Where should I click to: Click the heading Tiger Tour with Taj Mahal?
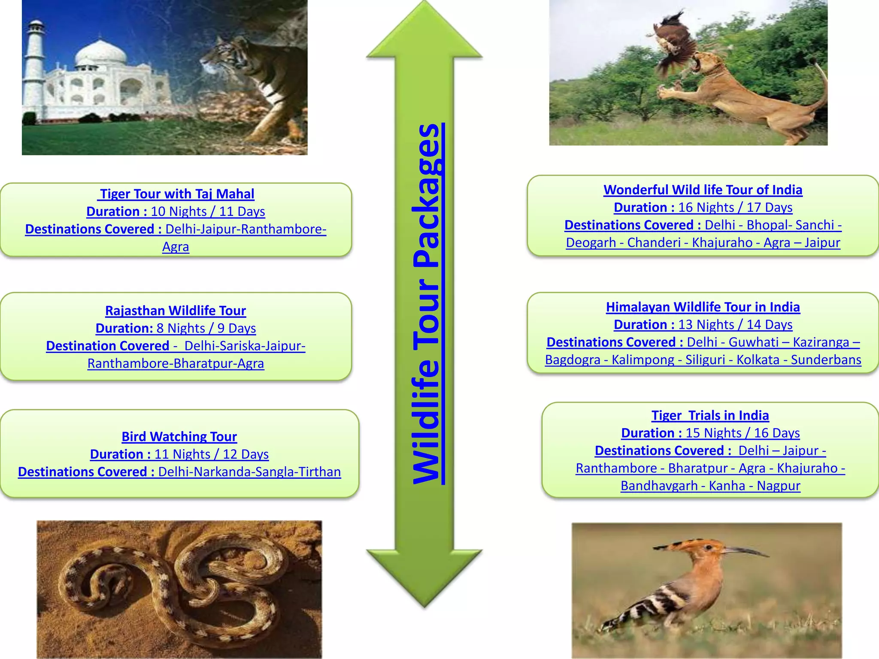click(176, 194)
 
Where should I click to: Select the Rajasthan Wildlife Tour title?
click(176, 311)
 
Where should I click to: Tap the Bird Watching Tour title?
click(179, 437)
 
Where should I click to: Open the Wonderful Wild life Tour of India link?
click(703, 190)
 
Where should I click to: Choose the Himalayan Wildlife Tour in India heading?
click(703, 307)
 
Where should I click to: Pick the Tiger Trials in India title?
click(710, 416)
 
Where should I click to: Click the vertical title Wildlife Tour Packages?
click(427, 304)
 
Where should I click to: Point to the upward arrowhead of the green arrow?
click(424, 30)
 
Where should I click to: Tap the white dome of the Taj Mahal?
click(101, 54)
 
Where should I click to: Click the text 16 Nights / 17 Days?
click(735, 208)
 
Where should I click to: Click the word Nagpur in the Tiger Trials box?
click(778, 486)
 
